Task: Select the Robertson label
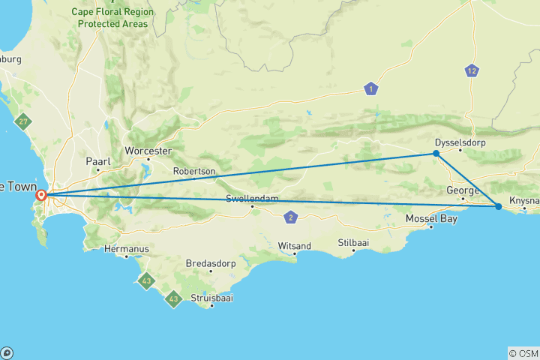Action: point(194,171)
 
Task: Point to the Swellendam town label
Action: point(252,199)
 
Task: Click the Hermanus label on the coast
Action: point(123,248)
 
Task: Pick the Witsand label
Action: point(294,245)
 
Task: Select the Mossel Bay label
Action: point(430,218)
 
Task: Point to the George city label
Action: point(462,190)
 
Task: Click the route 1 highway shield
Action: point(370,89)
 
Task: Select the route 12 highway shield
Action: point(471,71)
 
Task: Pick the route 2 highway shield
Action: point(291,217)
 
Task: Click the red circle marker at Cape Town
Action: point(42,196)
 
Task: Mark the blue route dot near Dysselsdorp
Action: point(436,154)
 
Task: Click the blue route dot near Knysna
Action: point(498,206)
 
